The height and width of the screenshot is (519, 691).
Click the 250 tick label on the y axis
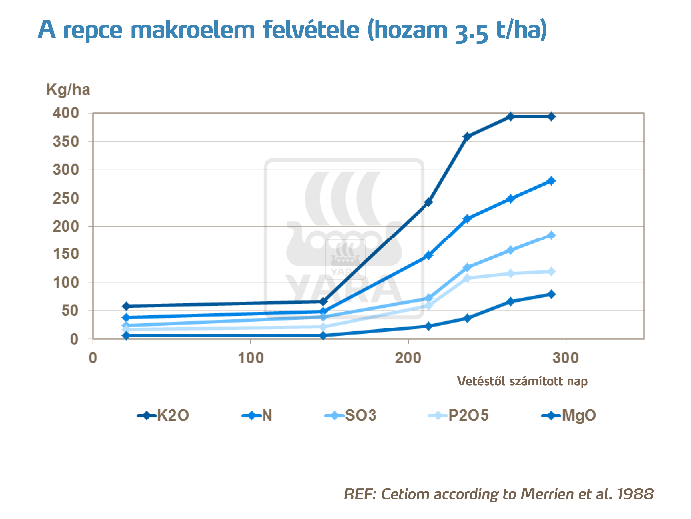(66, 198)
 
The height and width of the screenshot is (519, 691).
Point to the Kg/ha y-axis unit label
(68, 90)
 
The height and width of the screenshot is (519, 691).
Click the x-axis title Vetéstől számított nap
(522, 381)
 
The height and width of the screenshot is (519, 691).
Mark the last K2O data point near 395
(551, 117)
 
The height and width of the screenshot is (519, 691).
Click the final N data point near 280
(551, 181)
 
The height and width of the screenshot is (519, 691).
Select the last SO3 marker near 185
(551, 235)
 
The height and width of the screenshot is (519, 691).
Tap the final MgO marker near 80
(551, 294)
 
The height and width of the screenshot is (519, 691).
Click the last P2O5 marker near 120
(551, 271)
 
